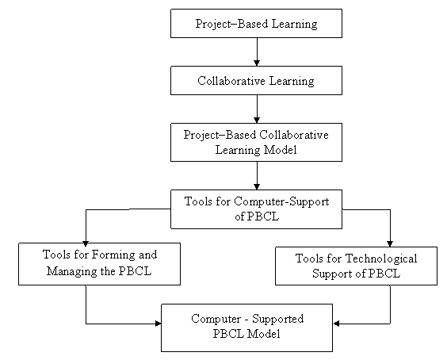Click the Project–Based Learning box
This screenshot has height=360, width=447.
[x=256, y=23]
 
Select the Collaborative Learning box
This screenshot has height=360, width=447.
[x=256, y=80]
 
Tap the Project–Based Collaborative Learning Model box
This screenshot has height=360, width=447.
[x=256, y=143]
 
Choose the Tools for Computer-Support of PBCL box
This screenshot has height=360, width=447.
[x=256, y=209]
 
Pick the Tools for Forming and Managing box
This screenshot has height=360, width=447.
[x=100, y=264]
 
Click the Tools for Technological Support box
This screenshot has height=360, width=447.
[x=356, y=266]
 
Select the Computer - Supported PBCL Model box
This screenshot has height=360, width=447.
[x=246, y=327]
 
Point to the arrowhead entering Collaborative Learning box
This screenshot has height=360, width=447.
[x=257, y=63]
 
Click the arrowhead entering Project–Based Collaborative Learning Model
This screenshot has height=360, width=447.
[x=257, y=120]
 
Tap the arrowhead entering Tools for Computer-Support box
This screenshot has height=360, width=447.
[x=257, y=186]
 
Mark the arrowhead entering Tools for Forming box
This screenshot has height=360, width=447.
[x=86, y=243]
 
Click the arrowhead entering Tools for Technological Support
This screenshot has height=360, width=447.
[x=390, y=243]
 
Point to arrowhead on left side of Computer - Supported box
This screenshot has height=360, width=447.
[x=158, y=324]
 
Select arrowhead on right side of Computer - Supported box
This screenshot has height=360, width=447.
[x=336, y=324]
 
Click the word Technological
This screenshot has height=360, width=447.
[x=381, y=259]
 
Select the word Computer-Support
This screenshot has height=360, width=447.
[x=281, y=201]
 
